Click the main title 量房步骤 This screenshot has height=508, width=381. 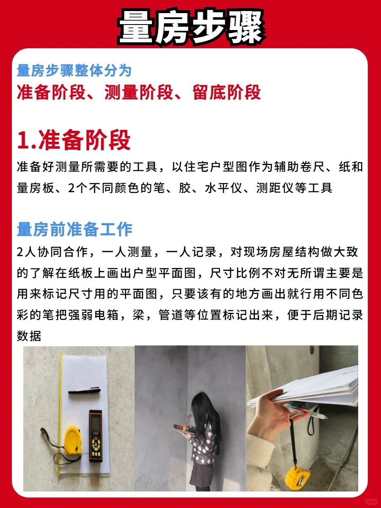pos(191,28)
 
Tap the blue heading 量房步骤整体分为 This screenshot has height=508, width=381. pos(74,71)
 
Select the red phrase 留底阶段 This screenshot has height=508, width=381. pos(226,92)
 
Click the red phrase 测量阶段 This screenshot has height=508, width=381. pos(139,92)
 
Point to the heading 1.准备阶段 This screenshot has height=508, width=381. pos(74,140)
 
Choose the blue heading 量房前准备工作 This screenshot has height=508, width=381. pos(75,229)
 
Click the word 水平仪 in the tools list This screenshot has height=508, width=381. pos(224,188)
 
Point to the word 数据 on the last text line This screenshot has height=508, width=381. pos(29,336)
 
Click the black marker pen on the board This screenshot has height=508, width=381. pos(84,391)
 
